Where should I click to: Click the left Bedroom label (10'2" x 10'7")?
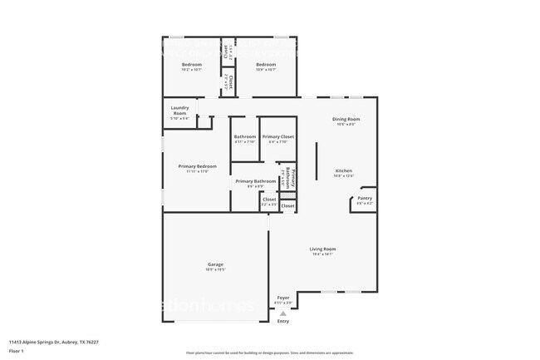(192, 65)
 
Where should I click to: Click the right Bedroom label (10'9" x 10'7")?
(265, 65)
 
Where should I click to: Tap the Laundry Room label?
(179, 110)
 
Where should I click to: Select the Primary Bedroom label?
(192, 166)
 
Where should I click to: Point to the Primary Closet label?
(277, 136)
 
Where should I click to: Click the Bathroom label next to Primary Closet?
(244, 136)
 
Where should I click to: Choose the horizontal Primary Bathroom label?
(255, 181)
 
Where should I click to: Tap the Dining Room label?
(346, 119)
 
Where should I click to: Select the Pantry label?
(365, 198)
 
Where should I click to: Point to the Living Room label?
(322, 249)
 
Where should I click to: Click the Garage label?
(215, 264)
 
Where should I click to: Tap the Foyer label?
(283, 297)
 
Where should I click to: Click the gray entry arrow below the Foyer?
(283, 313)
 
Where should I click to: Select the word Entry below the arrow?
(283, 321)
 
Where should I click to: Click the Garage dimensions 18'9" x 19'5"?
(215, 269)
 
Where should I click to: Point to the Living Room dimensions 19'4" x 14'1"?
(322, 254)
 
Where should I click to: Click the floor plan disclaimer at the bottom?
(270, 353)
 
